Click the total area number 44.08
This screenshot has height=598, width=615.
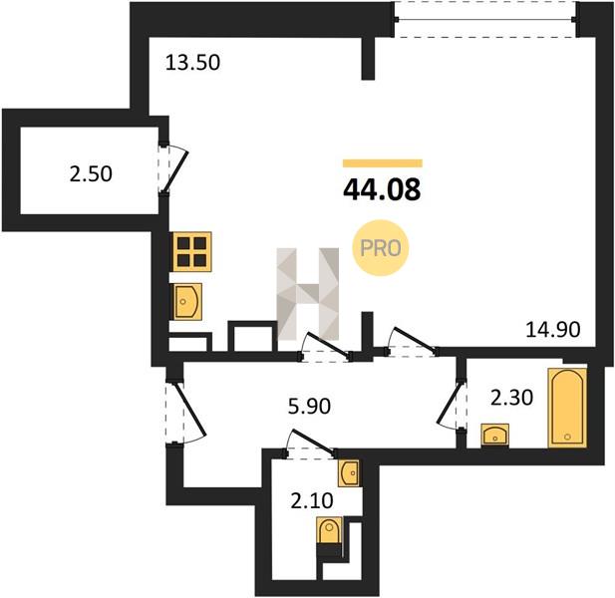click(x=382, y=189)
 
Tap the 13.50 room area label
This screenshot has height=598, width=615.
click(x=192, y=63)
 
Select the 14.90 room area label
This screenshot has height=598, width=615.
click(x=552, y=329)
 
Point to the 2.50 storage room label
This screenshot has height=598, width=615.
click(x=91, y=173)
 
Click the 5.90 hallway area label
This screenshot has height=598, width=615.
click(x=309, y=407)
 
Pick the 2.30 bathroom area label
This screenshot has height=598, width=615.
click(x=512, y=399)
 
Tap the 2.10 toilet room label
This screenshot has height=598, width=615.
click(x=312, y=500)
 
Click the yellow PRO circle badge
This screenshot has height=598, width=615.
click(x=381, y=248)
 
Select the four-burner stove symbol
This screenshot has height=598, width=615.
click(x=191, y=251)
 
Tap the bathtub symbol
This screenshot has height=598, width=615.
click(x=567, y=408)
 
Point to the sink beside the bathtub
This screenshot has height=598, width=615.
click(x=494, y=435)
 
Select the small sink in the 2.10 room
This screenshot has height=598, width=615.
click(x=349, y=472)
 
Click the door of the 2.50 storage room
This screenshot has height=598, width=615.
click(x=172, y=167)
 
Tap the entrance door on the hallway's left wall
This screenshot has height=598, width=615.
click(x=184, y=413)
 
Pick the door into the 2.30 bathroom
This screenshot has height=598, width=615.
click(x=453, y=405)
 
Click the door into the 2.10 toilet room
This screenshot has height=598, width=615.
click(x=309, y=444)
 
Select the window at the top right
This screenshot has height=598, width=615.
click(x=485, y=19)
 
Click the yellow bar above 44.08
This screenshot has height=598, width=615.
click(x=383, y=163)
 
